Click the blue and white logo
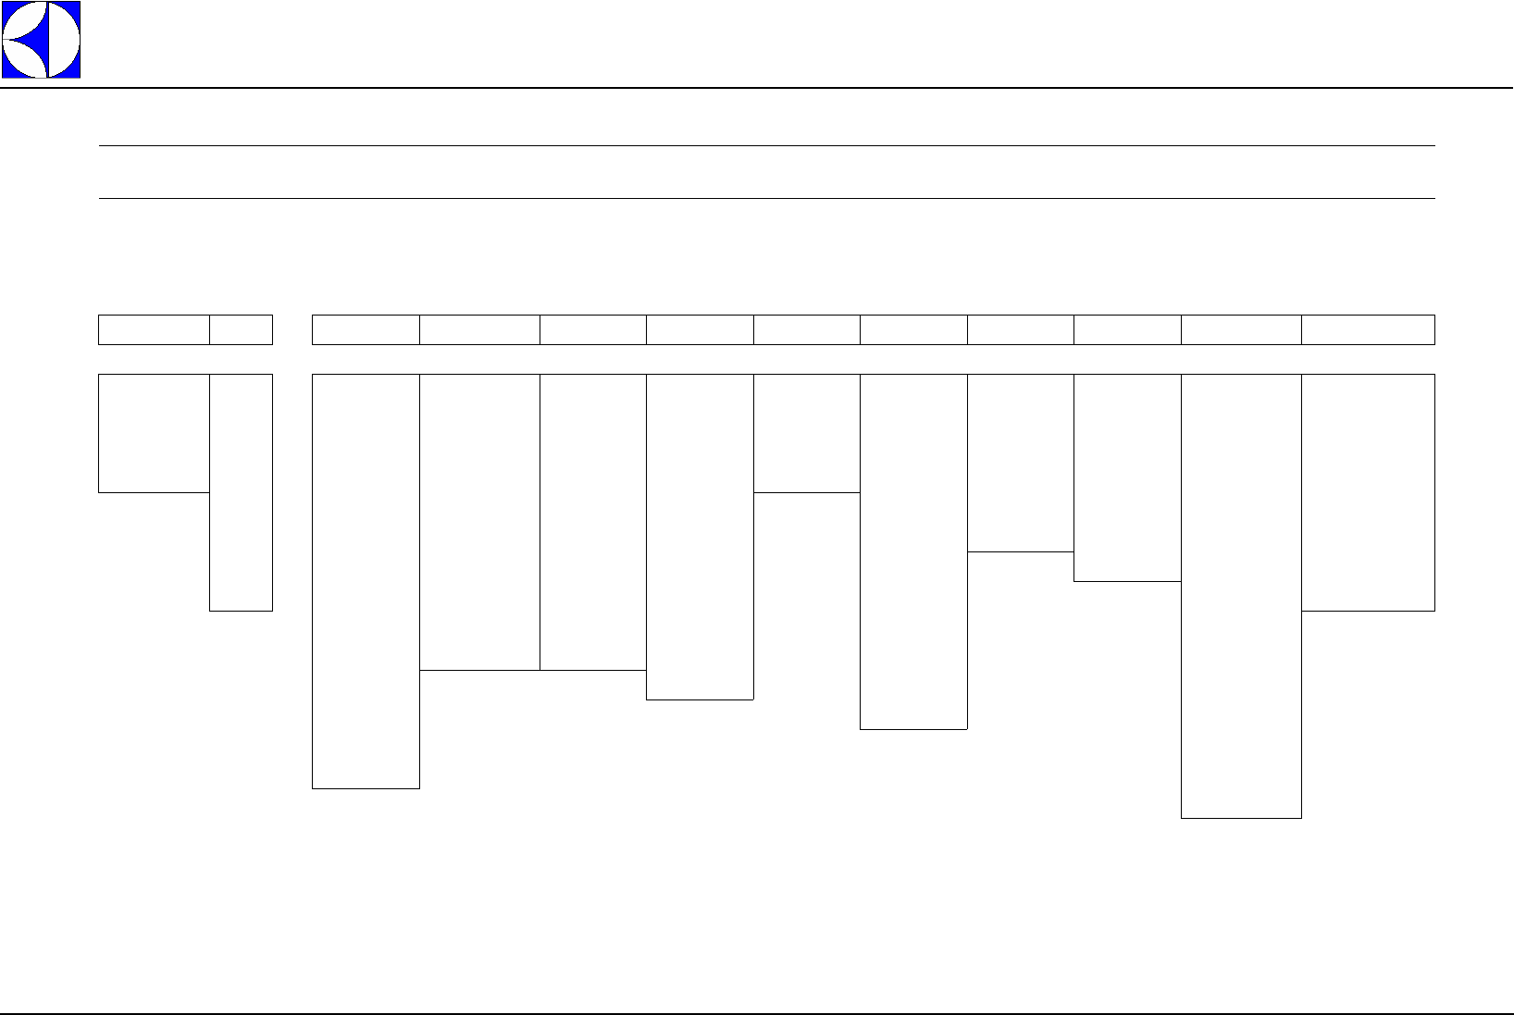click(x=41, y=40)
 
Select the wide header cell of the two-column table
click(x=154, y=329)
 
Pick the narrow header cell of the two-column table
click(x=241, y=329)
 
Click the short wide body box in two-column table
click(x=154, y=433)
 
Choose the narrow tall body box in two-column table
click(x=241, y=492)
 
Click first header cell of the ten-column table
click(x=366, y=329)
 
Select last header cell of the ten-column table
click(x=1368, y=329)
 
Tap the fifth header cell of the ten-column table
click(x=806, y=329)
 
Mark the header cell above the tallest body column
click(x=1241, y=329)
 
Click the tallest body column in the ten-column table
click(x=1241, y=596)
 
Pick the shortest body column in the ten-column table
click(x=806, y=433)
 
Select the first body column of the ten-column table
click(x=366, y=581)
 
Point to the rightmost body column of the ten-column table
click(x=1368, y=492)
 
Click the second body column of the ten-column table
click(x=479, y=522)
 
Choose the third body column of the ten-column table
click(x=592, y=522)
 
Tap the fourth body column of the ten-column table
click(x=700, y=537)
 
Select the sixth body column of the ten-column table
click(x=913, y=551)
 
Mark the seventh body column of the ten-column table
click(x=1020, y=463)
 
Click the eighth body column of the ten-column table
click(x=1127, y=477)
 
